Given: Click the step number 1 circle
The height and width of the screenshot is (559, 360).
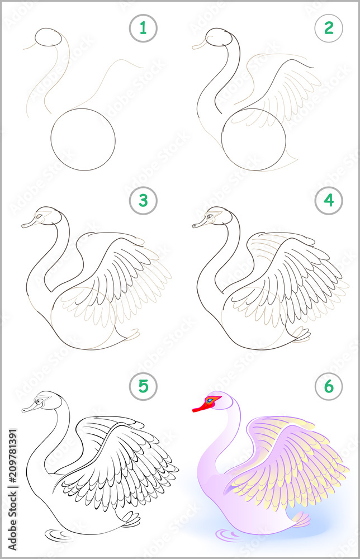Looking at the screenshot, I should pyautogui.click(x=144, y=28).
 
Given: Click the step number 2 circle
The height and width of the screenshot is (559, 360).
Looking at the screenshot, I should pyautogui.click(x=328, y=28).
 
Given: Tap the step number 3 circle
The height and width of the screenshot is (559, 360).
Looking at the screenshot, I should pyautogui.click(x=144, y=201).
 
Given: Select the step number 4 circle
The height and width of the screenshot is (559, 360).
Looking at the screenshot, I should pyautogui.click(x=328, y=201).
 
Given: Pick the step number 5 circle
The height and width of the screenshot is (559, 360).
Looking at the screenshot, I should pyautogui.click(x=144, y=386).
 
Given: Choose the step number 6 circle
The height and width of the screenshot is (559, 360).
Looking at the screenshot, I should pyautogui.click(x=328, y=386).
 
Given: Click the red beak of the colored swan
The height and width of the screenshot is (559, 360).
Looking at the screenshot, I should pyautogui.click(x=201, y=408).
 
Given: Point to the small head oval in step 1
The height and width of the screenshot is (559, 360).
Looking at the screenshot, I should pyautogui.click(x=49, y=38).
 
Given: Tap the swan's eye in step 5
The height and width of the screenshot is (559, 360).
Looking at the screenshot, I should pyautogui.click(x=38, y=400).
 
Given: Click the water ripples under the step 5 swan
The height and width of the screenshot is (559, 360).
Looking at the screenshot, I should pyautogui.click(x=59, y=535).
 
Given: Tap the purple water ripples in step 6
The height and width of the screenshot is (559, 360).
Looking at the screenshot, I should pyautogui.click(x=229, y=535).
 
